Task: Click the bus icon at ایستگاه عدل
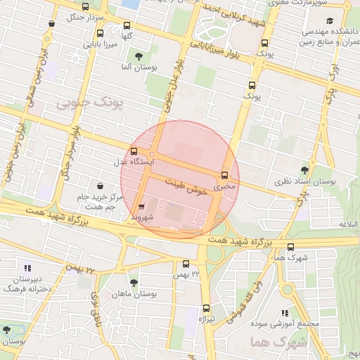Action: point(134,151)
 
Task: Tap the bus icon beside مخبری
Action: point(225,175)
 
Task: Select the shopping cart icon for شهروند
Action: point(142,207)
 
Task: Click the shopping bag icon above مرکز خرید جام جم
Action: point(100,186)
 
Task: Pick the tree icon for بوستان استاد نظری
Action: point(304,169)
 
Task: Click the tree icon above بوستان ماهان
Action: point(134,282)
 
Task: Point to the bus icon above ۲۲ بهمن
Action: point(186,264)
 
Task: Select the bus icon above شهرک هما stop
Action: point(291,247)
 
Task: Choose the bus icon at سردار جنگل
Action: point(51,22)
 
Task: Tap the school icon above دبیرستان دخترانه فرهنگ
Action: point(27,268)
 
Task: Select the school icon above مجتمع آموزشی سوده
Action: point(284,313)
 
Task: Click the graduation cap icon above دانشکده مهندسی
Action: point(330,22)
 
